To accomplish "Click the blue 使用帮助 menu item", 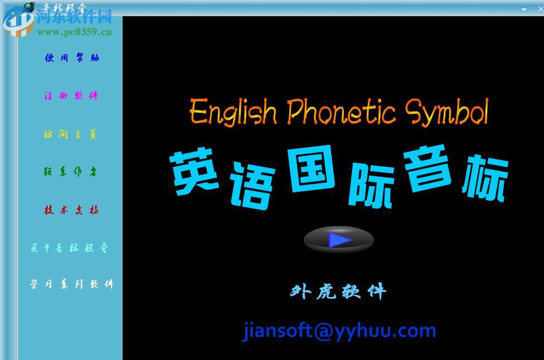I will coord(71,57).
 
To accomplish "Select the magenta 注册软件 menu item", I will coord(71,96).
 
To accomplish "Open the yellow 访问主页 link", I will coord(70,134).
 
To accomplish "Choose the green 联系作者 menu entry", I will coord(70,172).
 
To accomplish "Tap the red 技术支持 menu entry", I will coord(71,210).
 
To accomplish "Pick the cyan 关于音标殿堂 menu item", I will coord(70,248).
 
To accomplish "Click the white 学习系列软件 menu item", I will coord(71,284).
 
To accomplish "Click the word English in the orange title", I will coord(233,112).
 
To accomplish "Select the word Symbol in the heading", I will coord(446,112).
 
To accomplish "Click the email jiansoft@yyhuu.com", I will coord(339,330).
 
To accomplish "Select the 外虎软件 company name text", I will coord(338,291).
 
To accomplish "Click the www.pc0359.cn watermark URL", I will coord(74,32).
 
